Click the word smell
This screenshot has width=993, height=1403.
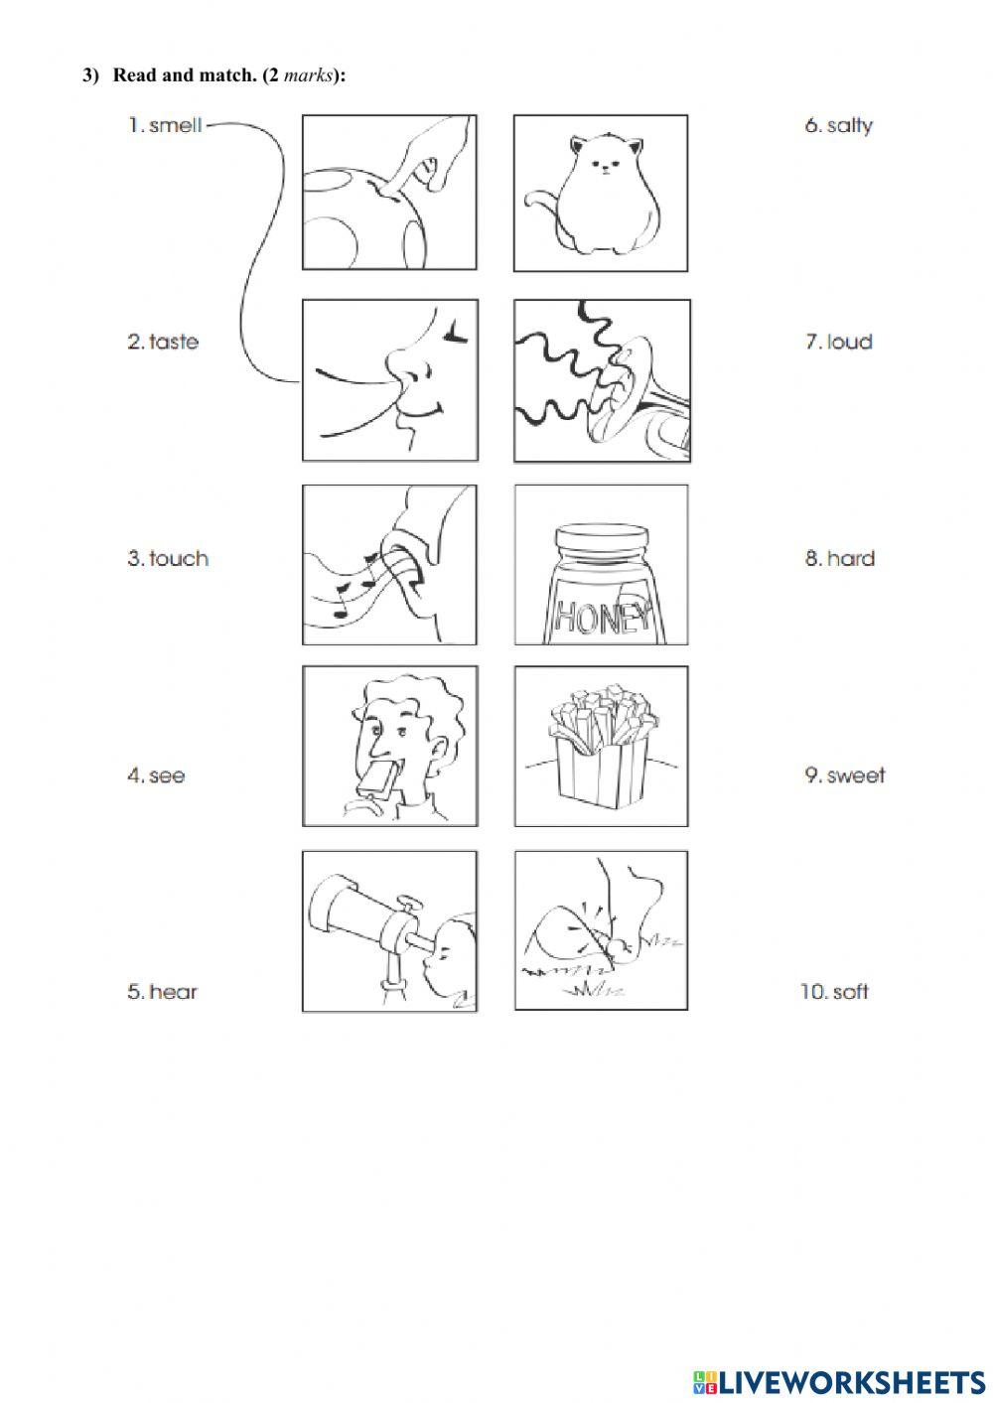pos(176,125)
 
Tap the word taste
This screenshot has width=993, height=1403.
pos(174,342)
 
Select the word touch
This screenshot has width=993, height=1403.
pos(179,559)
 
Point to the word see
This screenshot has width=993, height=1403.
pos(167,776)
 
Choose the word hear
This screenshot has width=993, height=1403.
pos(174,992)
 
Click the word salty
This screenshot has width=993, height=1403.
pos(850,126)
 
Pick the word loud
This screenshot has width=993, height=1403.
pos(850,342)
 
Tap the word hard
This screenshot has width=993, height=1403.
pos(850,559)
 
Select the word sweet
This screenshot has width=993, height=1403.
pos(856,776)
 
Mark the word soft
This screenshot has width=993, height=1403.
pos(850,992)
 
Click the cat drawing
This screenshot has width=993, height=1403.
pos(593,195)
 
